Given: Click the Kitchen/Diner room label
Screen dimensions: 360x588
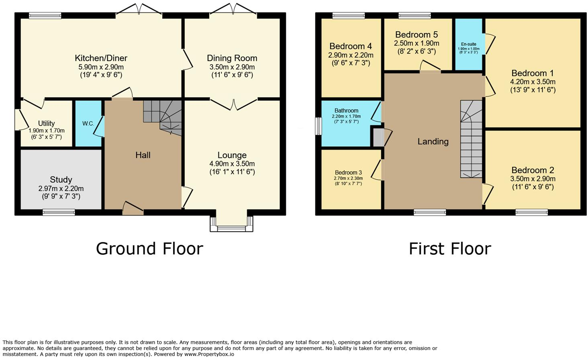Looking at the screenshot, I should [101, 58].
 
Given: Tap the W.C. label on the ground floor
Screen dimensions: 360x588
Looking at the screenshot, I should [88, 123].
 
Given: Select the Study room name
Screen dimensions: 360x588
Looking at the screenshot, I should [61, 180].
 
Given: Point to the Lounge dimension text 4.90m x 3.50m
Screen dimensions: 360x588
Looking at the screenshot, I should [232, 164].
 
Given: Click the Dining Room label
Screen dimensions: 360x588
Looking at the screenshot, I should [232, 58].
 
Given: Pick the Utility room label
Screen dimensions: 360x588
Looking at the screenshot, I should [46, 123].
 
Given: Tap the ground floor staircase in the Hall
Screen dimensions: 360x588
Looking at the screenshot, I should [163, 117].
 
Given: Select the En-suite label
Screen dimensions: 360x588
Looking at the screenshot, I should [468, 44].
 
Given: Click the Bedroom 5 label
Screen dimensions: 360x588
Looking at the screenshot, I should [416, 35].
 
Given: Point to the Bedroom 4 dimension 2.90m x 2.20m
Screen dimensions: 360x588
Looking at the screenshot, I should [351, 55].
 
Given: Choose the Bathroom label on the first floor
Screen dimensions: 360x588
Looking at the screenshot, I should [346, 110].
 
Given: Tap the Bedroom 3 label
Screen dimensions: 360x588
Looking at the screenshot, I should [348, 172].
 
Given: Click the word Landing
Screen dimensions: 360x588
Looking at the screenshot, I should [433, 141].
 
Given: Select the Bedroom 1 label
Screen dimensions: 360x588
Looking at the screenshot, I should [532, 73].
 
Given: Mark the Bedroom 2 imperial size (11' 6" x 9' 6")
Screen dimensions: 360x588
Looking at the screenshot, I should [533, 187].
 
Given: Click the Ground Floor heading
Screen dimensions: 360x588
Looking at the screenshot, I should [149, 249].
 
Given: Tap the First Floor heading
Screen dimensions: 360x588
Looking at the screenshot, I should [450, 249].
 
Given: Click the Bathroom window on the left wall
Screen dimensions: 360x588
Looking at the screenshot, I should [318, 126].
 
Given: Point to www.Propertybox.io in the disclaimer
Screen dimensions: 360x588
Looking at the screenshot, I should [209, 354].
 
